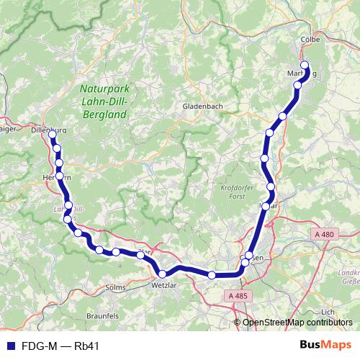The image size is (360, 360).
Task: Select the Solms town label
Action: point(115,287)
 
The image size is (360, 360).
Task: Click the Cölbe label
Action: point(308,40)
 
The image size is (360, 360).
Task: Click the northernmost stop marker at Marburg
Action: point(304,66)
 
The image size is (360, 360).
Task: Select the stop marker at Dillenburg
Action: point(52,135)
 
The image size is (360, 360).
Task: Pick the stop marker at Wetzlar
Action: point(162,274)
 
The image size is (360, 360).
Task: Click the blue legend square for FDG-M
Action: point(10,346)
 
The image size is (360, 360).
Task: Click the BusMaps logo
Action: point(326,346)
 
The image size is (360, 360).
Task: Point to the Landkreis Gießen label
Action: point(348,277)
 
